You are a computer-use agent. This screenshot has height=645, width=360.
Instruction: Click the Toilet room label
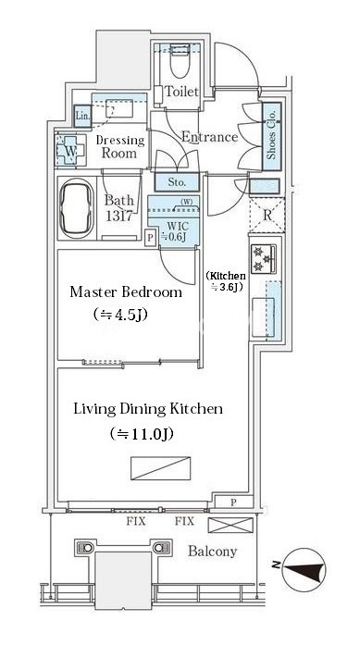click(181, 92)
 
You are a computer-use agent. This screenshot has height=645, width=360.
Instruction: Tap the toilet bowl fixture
click(180, 61)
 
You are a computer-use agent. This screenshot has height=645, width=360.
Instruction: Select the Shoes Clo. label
click(272, 137)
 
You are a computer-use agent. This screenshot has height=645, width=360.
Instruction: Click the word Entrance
click(210, 137)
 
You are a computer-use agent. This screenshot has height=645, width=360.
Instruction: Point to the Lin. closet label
click(82, 116)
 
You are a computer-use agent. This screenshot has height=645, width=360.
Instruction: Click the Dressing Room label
click(119, 147)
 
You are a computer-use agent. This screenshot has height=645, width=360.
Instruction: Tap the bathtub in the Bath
click(77, 208)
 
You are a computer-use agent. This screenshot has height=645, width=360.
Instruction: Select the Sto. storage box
click(177, 181)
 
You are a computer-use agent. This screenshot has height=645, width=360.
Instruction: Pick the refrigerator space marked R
click(267, 216)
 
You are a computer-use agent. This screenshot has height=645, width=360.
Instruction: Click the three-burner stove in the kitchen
click(264, 259)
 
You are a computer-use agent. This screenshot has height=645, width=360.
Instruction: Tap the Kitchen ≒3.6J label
click(226, 281)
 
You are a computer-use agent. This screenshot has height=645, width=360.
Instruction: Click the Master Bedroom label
click(126, 292)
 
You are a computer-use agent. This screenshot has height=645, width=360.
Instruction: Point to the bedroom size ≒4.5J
click(120, 315)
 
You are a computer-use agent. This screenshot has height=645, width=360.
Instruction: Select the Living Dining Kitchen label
click(148, 409)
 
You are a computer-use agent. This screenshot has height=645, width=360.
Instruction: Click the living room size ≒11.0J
click(141, 434)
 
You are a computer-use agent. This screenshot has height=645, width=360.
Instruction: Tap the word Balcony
click(212, 552)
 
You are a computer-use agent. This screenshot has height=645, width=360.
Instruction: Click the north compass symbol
click(304, 569)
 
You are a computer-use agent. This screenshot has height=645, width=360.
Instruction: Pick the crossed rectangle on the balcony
click(230, 526)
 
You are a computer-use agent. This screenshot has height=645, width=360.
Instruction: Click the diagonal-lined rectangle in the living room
click(161, 468)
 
